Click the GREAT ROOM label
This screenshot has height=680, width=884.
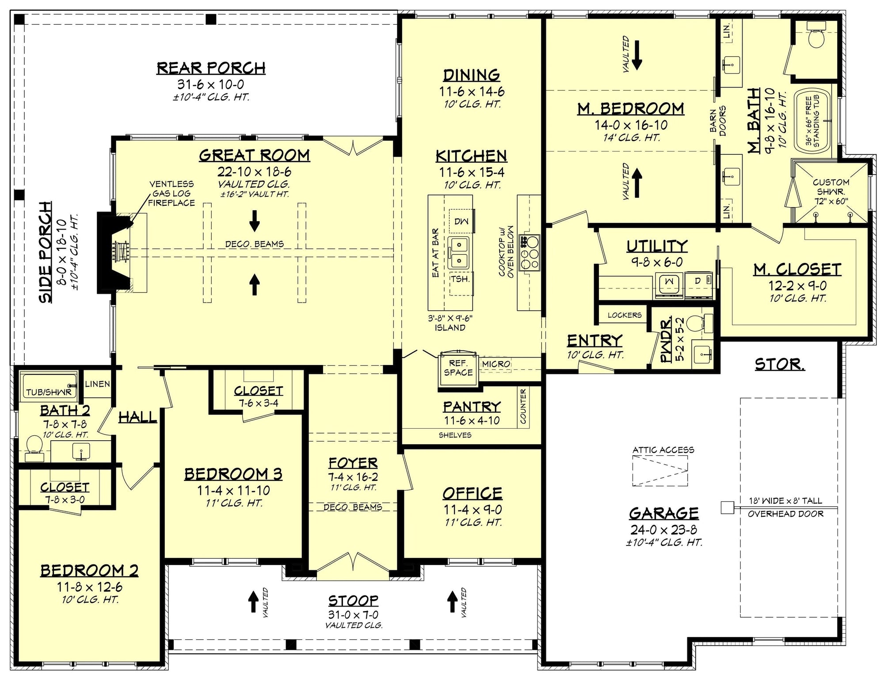[254, 155]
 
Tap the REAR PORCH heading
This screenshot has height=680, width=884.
[211, 68]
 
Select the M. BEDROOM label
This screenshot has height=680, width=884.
[631, 108]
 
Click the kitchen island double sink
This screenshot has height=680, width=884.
[459, 252]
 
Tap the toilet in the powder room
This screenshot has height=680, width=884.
[700, 323]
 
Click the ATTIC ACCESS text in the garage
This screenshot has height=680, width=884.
[663, 450]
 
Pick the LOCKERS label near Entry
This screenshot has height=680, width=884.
[625, 315]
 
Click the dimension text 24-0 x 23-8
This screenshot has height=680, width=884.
[664, 530]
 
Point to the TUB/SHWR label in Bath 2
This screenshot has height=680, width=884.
[49, 392]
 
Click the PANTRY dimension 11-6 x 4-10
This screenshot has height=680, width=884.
[472, 420]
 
